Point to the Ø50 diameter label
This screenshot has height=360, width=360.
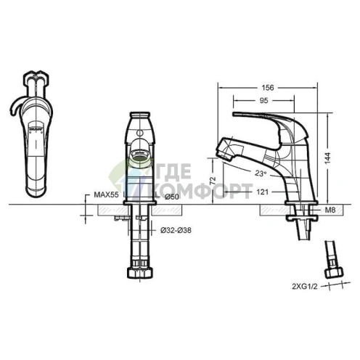[172, 197]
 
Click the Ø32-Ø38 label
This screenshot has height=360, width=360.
[176, 231]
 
